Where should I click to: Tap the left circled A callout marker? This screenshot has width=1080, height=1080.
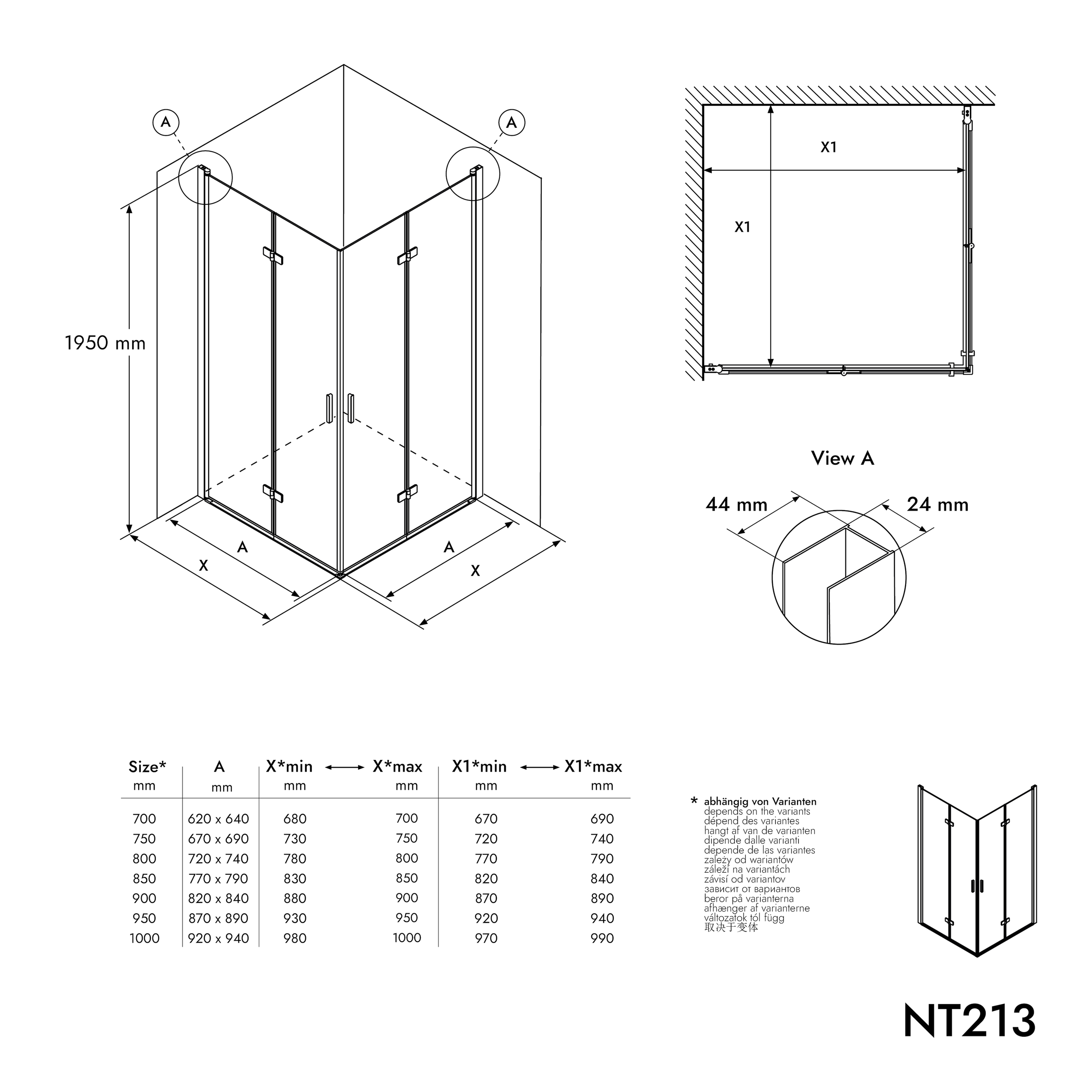[165, 122]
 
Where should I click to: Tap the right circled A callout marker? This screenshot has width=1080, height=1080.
[511, 122]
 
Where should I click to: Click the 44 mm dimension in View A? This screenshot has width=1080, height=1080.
[736, 505]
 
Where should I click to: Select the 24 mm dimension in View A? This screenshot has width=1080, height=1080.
[937, 505]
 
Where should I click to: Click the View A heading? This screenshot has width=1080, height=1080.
[842, 458]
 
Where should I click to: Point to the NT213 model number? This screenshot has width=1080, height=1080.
[969, 1021]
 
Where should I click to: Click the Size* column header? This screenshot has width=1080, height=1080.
[147, 766]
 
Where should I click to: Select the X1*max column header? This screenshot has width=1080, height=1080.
[593, 766]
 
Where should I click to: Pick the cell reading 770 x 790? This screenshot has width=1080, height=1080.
[218, 879]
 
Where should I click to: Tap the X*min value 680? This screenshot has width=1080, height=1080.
[295, 819]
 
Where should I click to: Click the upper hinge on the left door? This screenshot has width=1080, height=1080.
[273, 255]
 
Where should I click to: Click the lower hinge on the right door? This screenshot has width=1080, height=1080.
[407, 494]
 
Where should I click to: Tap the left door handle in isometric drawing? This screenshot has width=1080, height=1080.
[329, 407]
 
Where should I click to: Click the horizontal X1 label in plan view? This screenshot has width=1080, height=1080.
[829, 147]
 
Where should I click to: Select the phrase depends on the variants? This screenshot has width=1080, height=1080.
[757, 811]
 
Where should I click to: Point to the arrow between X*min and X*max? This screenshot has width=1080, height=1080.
[345, 768]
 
